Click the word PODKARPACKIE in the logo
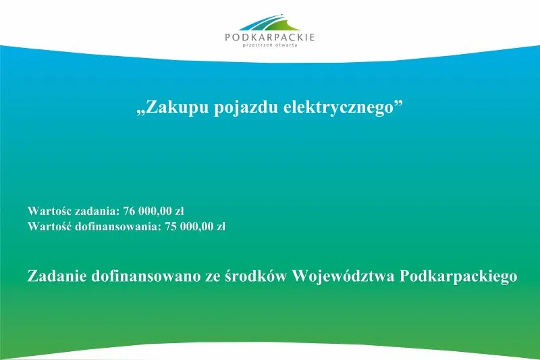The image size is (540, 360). click(x=270, y=38)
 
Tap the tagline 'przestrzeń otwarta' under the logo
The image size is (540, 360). click(x=270, y=47)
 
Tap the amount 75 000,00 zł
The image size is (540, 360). click(x=195, y=226)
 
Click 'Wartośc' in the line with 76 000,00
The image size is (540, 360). click(x=48, y=210)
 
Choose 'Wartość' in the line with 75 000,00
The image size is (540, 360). click(x=48, y=226)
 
